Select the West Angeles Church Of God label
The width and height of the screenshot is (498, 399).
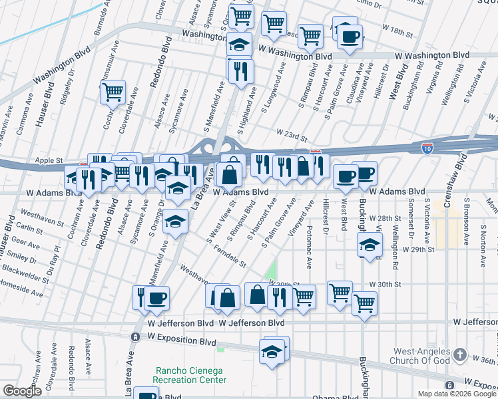point(423,356)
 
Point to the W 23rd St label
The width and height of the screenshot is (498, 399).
point(292,136)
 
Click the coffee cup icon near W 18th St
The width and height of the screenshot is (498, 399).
point(350,36)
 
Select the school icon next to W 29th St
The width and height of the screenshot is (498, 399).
point(370,245)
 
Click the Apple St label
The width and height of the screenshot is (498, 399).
point(49,160)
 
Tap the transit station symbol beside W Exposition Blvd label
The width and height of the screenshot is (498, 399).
point(135,338)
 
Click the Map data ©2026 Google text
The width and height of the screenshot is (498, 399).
point(457,394)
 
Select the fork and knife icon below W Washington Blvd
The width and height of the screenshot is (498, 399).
point(240,70)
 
